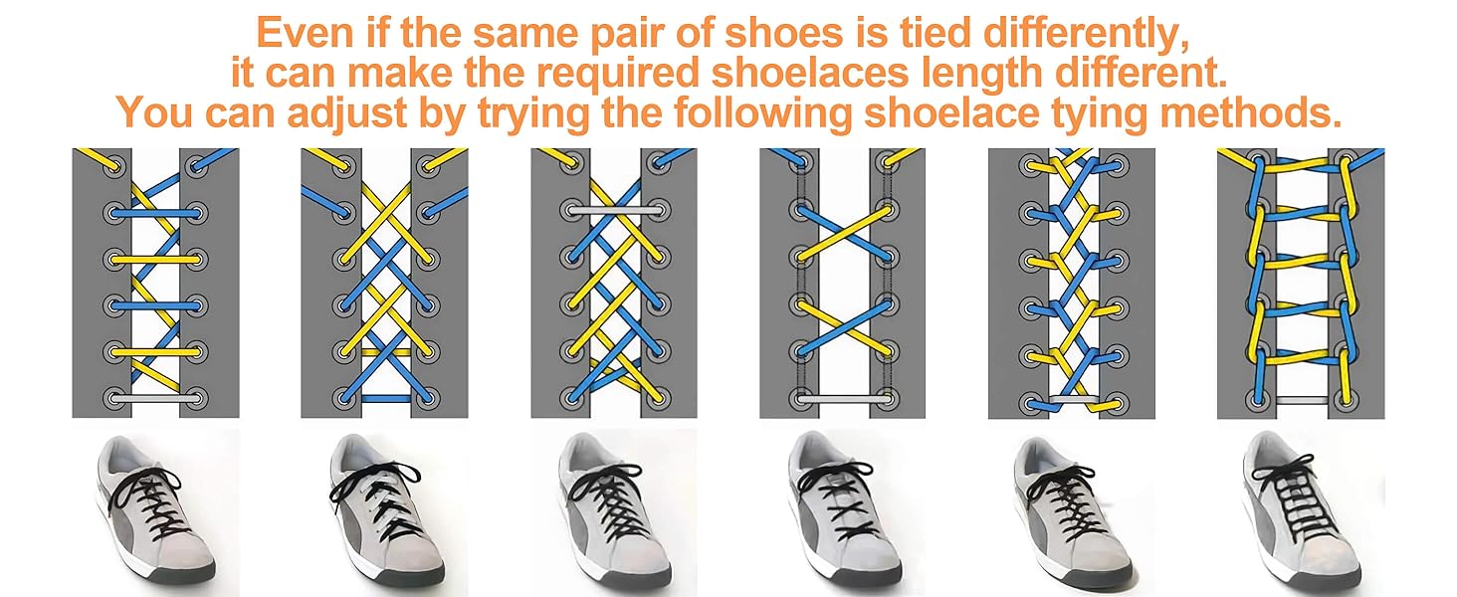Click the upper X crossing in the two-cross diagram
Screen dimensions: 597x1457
click(842, 235)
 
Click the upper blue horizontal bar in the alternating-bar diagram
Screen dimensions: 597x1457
click(154, 212)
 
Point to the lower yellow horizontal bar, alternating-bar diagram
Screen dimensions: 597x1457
click(154, 351)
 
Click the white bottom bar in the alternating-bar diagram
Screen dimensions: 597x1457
click(154, 398)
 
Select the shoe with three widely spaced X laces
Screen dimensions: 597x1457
click(842, 512)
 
